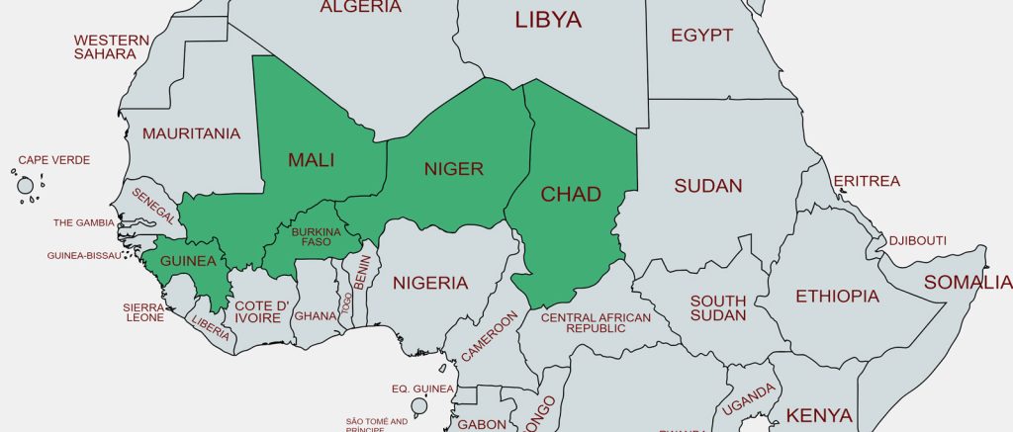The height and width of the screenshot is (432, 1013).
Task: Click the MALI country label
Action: [x=311, y=160]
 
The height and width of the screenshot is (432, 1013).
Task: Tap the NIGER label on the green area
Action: [x=453, y=169]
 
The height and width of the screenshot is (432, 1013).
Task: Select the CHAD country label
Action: [x=571, y=194]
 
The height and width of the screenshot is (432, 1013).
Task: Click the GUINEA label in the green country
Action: [x=187, y=261]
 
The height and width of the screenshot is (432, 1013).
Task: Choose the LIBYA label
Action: [x=548, y=20]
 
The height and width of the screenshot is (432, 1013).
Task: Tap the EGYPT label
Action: [x=701, y=36]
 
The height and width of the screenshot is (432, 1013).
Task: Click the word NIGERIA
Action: [x=430, y=284]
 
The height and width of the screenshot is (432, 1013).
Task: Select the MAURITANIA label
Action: [x=192, y=133]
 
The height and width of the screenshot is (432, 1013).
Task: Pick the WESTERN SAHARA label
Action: [x=112, y=47]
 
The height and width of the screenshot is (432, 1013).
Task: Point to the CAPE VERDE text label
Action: [x=54, y=160]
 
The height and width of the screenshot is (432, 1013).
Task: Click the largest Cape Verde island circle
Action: [x=26, y=185]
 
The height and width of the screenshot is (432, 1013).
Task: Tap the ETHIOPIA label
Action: [x=837, y=296]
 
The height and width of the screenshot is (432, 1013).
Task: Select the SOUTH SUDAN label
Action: [x=718, y=308]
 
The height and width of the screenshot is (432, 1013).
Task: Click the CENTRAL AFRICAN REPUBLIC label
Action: [x=596, y=322]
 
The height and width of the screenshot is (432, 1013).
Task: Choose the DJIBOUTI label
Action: [x=917, y=241]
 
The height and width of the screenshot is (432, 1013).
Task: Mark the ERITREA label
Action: [x=867, y=182]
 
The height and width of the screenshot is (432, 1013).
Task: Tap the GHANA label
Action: [x=316, y=316]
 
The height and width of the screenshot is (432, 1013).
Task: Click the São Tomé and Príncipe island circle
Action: [x=418, y=406]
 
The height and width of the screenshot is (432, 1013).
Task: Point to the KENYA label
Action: [x=819, y=414]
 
